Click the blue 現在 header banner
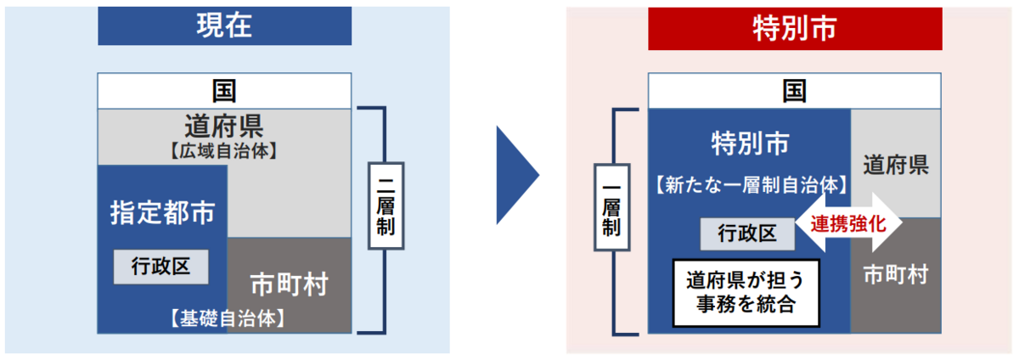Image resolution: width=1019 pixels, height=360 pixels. click(x=225, y=25)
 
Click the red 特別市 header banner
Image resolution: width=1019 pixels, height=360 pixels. click(x=795, y=28)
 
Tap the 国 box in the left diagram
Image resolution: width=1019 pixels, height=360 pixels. click(x=224, y=90)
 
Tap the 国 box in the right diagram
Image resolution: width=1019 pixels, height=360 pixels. click(x=795, y=90)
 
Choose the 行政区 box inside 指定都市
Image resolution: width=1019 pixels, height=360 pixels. click(x=161, y=267)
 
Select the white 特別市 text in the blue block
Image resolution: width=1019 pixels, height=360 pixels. click(x=750, y=143)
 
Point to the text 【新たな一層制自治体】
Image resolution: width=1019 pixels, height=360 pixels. click(x=751, y=183)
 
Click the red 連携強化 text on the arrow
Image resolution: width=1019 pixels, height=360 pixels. click(x=848, y=224)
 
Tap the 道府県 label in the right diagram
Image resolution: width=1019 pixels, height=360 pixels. click(x=896, y=165)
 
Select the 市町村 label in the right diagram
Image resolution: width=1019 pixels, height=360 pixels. click(x=896, y=274)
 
